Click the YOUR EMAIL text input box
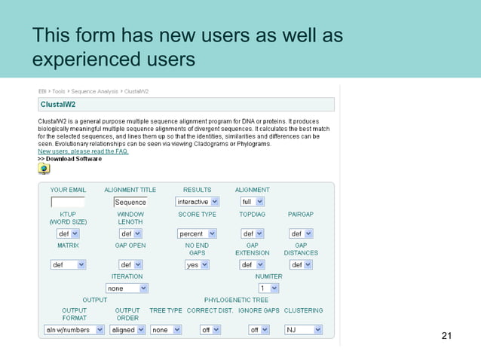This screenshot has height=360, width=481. coord(68,202)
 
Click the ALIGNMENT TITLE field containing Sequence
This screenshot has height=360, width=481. coord(130,202)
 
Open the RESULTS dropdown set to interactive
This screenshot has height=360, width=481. coord(197,202)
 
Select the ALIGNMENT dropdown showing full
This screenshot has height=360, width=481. coord(252,202)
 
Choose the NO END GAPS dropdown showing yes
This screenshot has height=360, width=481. coord(197,265)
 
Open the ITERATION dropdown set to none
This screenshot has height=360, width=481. coord(127,288)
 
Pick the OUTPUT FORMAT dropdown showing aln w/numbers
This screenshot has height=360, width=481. coord(74,330)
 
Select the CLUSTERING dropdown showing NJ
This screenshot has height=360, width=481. coord(303,330)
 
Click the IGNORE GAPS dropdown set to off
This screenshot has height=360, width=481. coord(259,330)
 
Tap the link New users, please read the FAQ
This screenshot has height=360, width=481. coord(83,151)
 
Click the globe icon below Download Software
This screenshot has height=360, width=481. coord(44,168)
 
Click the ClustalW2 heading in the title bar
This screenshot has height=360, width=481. coord(57,105)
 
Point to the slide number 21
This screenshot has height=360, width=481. coord(446,335)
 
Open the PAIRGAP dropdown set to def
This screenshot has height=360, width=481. coord(300,233)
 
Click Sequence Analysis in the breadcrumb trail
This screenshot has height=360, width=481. coord(93,91)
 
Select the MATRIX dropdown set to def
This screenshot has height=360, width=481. coord(68,265)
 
